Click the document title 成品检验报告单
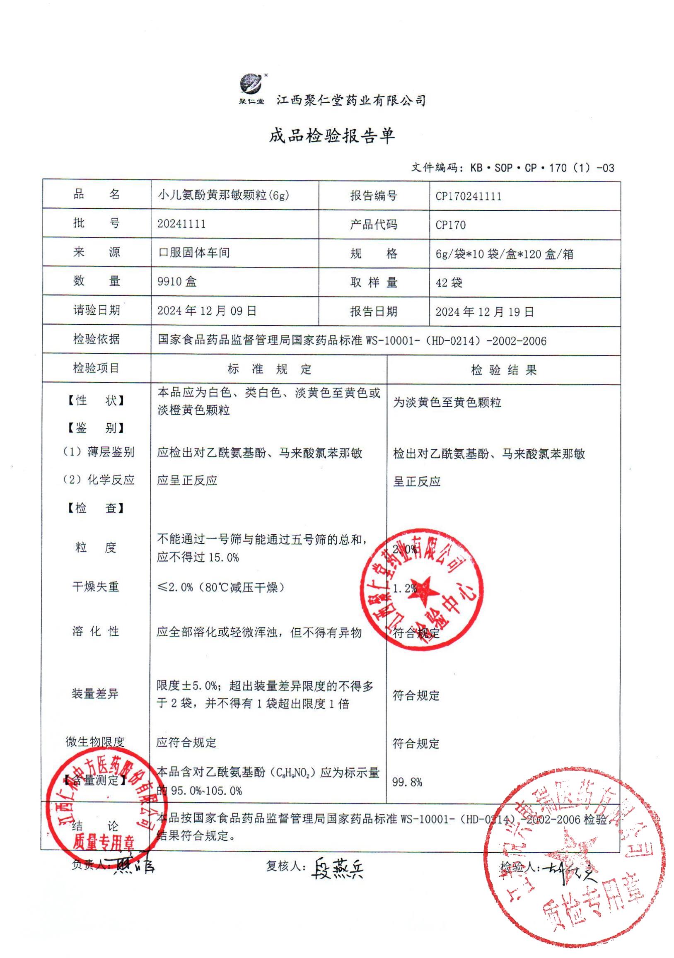pyautogui.click(x=332, y=135)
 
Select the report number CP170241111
pyautogui.click(x=468, y=196)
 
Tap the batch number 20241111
pyautogui.click(x=181, y=224)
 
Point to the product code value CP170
pyautogui.click(x=450, y=225)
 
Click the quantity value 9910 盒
pyautogui.click(x=176, y=282)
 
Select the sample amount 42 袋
pyautogui.click(x=449, y=283)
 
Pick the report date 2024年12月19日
pyautogui.click(x=485, y=312)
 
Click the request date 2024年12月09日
pyautogui.click(x=207, y=311)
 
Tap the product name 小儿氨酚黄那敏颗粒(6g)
pyautogui.click(x=223, y=195)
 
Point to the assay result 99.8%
pyautogui.click(x=407, y=782)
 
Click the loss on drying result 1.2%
pyautogui.click(x=404, y=588)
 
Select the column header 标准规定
pyautogui.click(x=269, y=369)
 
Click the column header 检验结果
pyautogui.click(x=503, y=370)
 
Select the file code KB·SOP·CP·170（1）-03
pyautogui.click(x=542, y=168)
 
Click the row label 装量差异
pyautogui.click(x=95, y=694)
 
